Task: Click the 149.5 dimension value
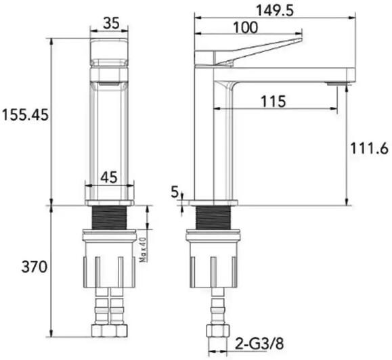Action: pos(275,11)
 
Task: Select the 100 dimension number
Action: pos(245,28)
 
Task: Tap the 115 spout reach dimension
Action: pos(273,102)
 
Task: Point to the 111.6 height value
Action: pos(369,148)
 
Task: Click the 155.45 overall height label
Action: pos(25,115)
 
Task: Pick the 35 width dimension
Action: pos(112,24)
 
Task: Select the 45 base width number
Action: pos(109,177)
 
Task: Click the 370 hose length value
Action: pos(35,267)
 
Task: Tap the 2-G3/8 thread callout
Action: pos(259,344)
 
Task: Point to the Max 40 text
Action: pos(143,250)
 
